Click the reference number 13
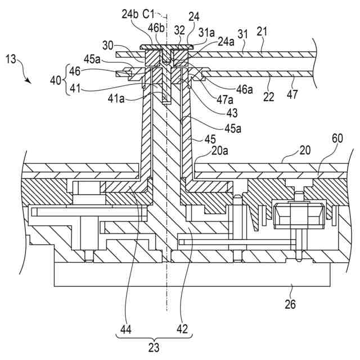click(11, 59)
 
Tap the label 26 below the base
click(290, 304)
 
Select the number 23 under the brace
click(154, 348)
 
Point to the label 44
click(126, 330)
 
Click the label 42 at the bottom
click(182, 329)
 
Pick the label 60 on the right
click(337, 138)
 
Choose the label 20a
click(219, 151)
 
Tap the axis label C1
click(148, 14)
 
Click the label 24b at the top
click(130, 14)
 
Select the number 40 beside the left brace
click(56, 80)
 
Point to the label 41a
click(116, 99)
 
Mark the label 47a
click(225, 100)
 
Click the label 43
click(232, 113)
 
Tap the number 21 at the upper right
click(262, 31)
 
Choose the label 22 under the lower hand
click(269, 97)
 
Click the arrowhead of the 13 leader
click(29, 82)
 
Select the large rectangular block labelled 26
click(192, 274)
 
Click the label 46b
click(156, 28)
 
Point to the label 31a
click(206, 33)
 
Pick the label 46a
click(245, 89)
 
